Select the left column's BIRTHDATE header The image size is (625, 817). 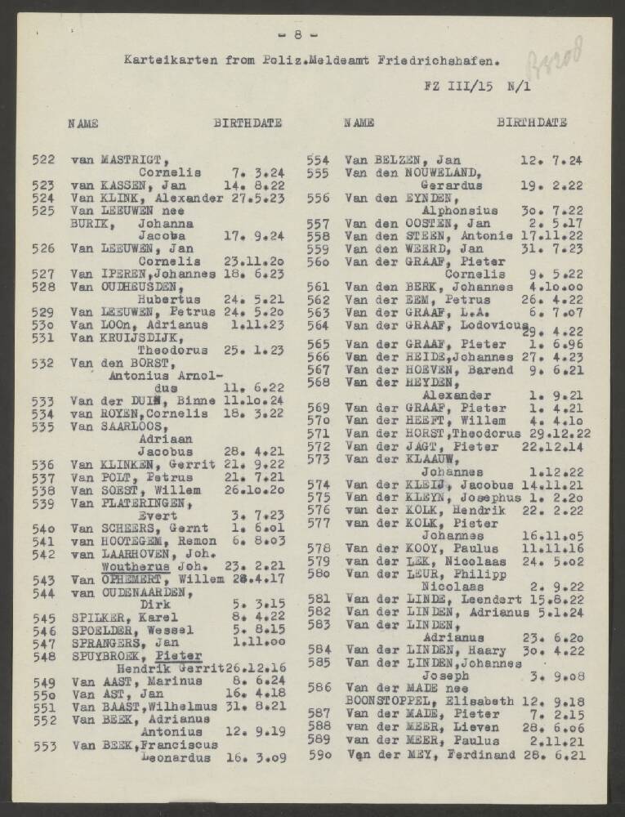248,123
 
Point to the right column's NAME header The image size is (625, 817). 359,123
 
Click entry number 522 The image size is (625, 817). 42,159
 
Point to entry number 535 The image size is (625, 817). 42,426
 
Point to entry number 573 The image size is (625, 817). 317,458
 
